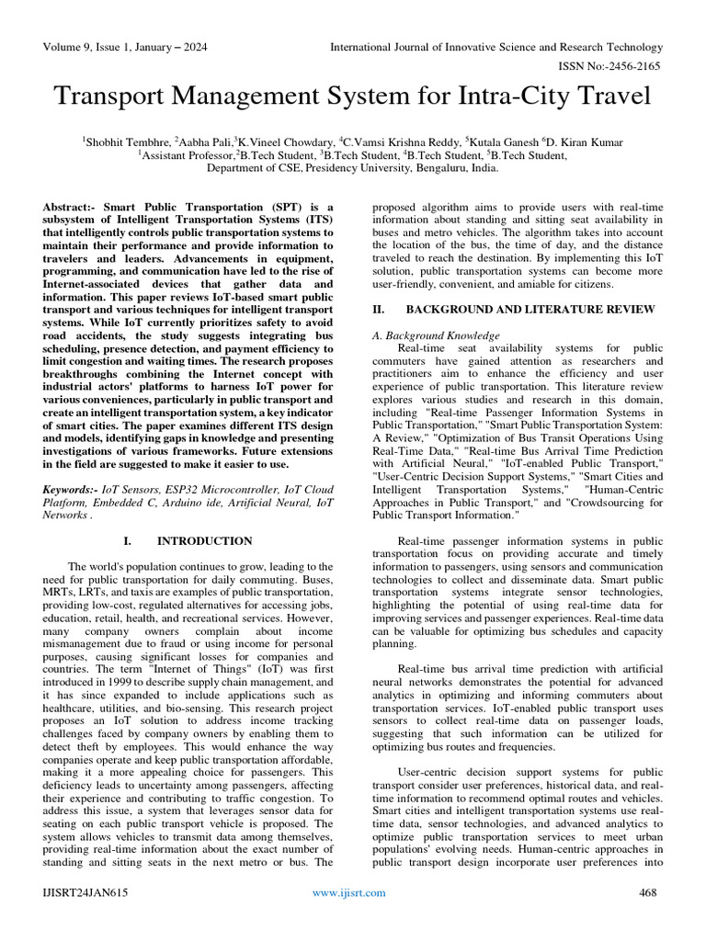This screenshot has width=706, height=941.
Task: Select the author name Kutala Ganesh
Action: (x=503, y=142)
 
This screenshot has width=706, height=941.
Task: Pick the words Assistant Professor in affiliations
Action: (x=188, y=155)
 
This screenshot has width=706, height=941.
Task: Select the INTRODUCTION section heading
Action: (x=204, y=541)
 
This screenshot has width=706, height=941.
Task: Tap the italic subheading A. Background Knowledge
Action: (x=436, y=335)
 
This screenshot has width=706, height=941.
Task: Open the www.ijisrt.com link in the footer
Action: (x=348, y=892)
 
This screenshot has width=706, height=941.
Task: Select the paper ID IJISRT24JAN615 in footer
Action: (x=83, y=892)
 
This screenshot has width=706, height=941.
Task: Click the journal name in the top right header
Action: (x=496, y=47)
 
